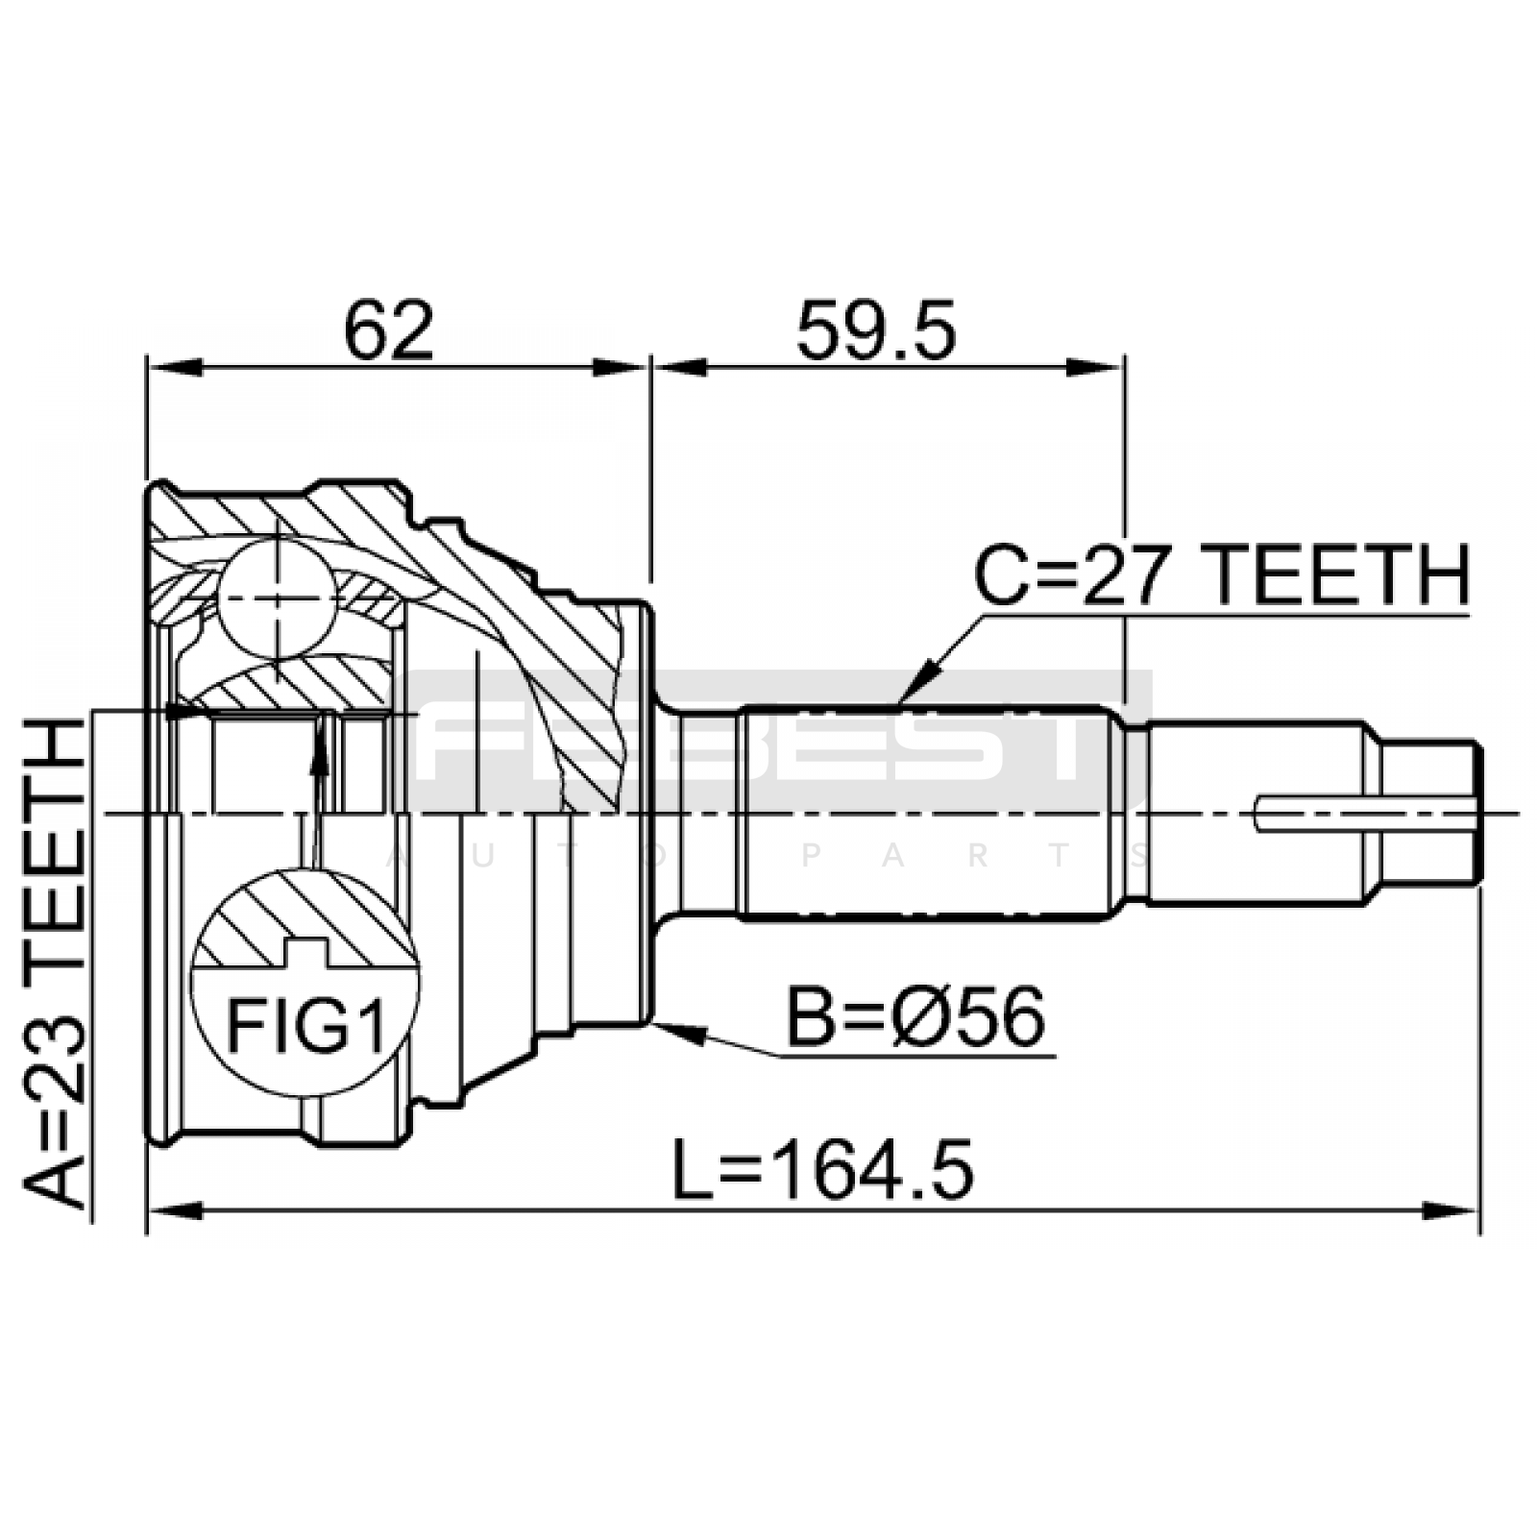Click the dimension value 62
point(389,329)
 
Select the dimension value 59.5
point(876,329)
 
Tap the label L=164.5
point(822,1169)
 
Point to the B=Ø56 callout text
point(915,1018)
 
